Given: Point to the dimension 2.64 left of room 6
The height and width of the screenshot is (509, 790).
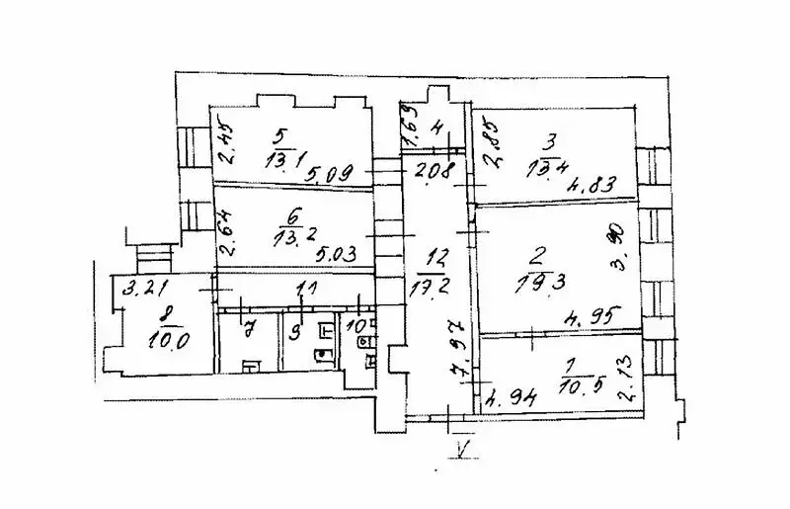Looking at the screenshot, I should (226, 238).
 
